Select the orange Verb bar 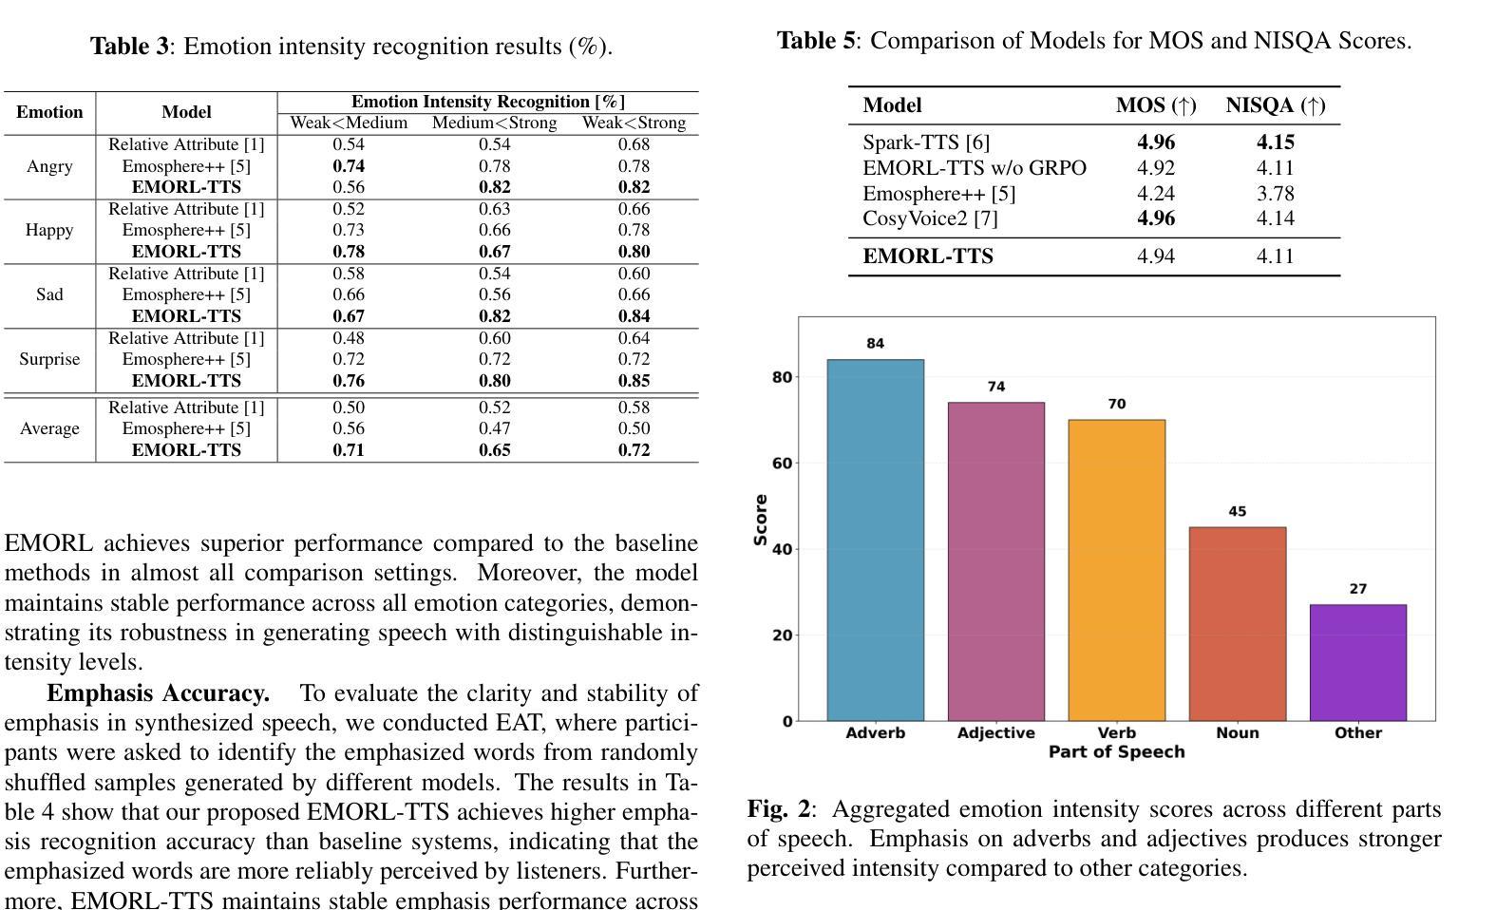[1116, 570]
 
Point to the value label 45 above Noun [1237, 511]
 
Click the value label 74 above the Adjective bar [995, 387]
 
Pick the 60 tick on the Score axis [782, 464]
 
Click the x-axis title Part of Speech [1116, 752]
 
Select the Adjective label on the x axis [995, 732]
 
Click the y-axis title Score [760, 520]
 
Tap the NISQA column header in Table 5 [1275, 105]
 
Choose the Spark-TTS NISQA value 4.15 [1275, 142]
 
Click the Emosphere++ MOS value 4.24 [1155, 194]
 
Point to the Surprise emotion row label [49, 359]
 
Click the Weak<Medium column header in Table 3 [349, 123]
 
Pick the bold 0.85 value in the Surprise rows [634, 381]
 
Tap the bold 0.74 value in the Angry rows [349, 166]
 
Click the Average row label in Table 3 [49, 428]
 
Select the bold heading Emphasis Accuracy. [158, 693]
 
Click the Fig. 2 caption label [779, 809]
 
